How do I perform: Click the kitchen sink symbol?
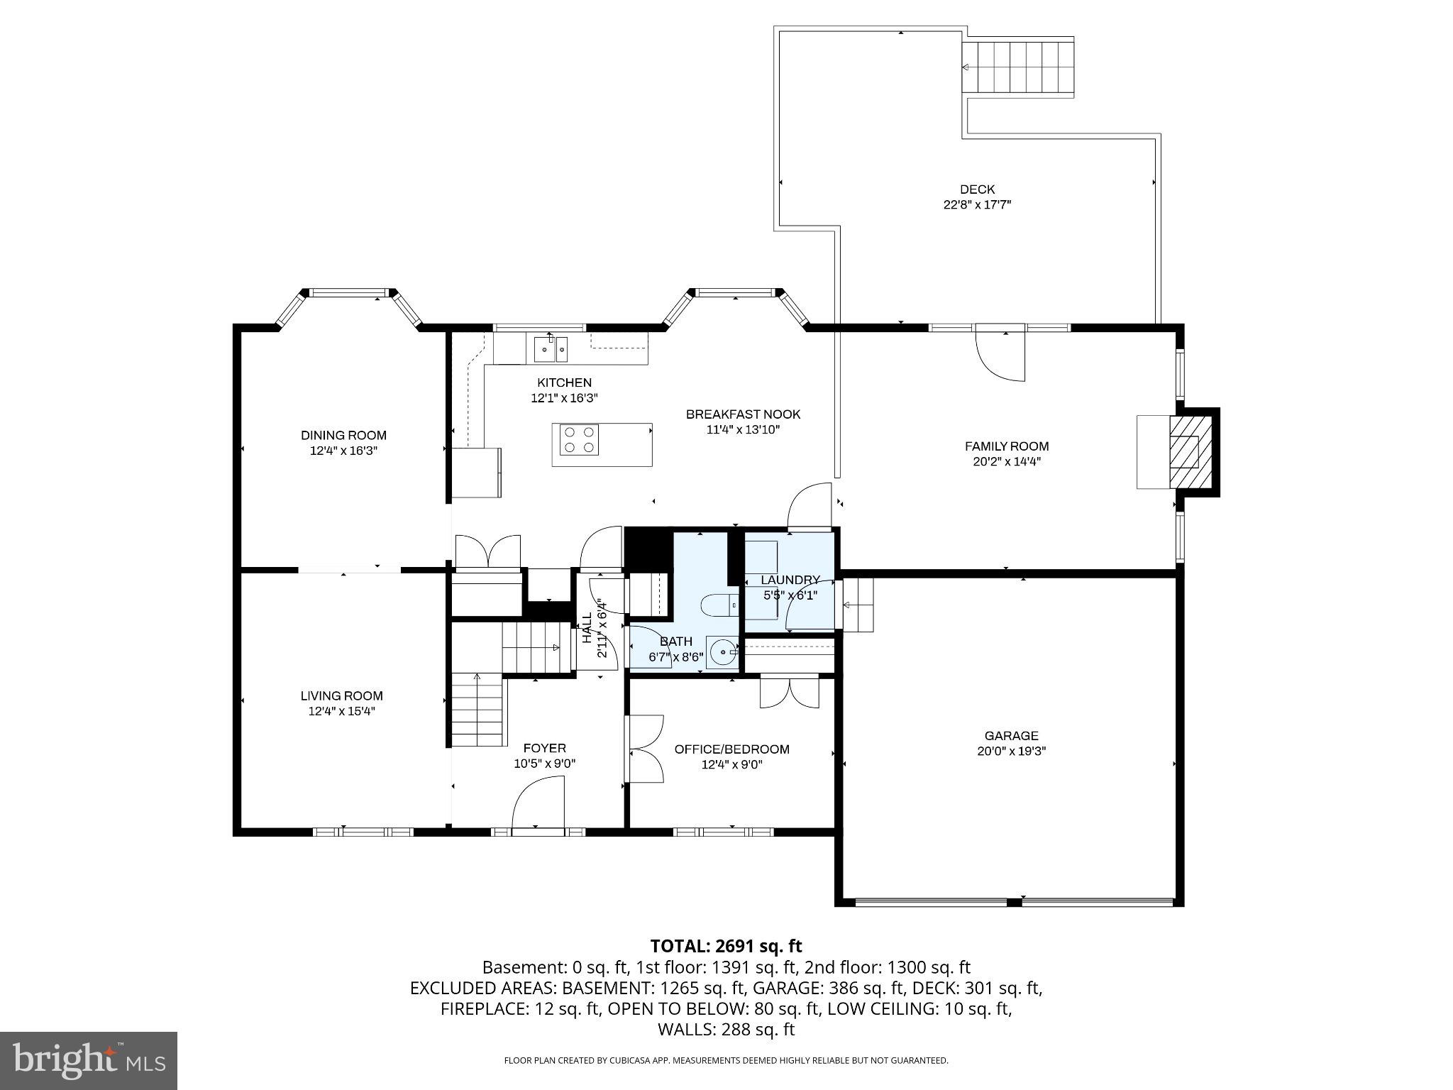pos(550,349)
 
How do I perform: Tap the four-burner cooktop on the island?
pos(579,440)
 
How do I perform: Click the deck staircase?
pos(1017,67)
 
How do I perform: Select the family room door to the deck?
pos(1000,353)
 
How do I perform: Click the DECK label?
pos(977,189)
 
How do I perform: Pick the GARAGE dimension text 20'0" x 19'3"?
pos(1011,752)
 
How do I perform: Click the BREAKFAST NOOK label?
pos(743,414)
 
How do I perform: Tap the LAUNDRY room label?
pos(790,580)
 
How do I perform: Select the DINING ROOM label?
pos(343,436)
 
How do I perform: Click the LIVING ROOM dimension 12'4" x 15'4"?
pos(341,711)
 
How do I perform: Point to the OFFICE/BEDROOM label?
pos(731,749)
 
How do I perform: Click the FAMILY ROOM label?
pos(1006,446)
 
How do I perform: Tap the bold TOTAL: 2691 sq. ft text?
pos(726,946)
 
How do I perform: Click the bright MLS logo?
pos(89,1060)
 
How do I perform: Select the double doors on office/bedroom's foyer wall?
pos(644,749)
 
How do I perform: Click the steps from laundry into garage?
pos(857,605)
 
